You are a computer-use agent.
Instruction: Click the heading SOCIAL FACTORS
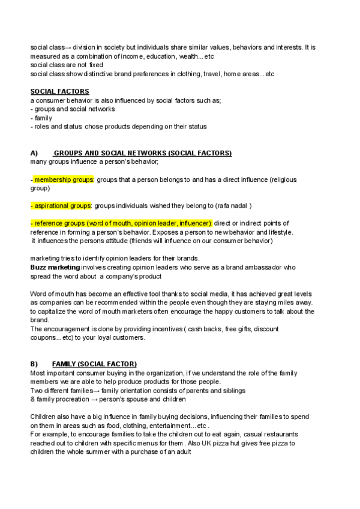click(59, 91)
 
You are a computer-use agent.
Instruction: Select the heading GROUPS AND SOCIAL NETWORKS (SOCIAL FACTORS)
click(142, 153)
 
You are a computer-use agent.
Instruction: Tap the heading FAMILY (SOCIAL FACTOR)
click(94, 364)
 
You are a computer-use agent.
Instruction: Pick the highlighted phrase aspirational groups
click(62, 206)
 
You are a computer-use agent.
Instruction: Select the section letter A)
click(34, 153)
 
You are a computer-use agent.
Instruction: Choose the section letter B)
click(34, 364)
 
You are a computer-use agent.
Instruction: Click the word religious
click(284, 179)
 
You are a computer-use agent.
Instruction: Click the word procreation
click(71, 399)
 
